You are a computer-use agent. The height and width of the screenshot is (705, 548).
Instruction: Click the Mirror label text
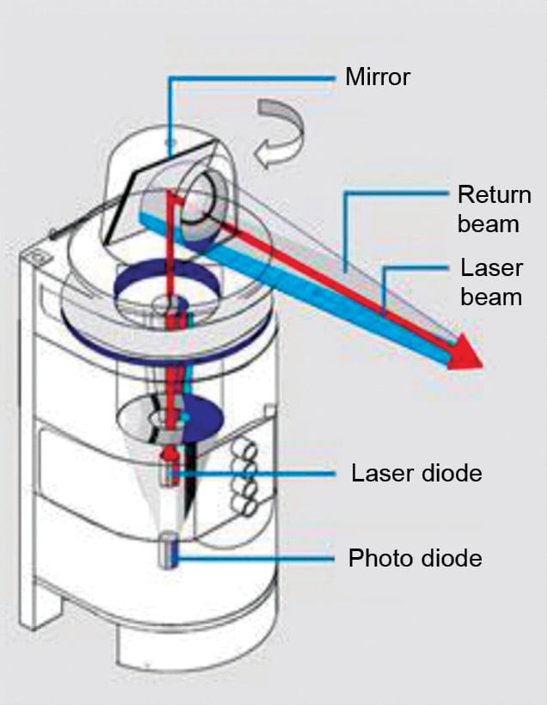[x=378, y=77]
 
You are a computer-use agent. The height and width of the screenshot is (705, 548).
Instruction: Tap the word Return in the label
[x=494, y=194]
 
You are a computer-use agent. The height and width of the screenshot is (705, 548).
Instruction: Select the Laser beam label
[x=491, y=282]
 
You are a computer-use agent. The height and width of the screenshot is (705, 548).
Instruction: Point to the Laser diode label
[x=416, y=473]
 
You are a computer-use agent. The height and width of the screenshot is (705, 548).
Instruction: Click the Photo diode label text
[x=415, y=559]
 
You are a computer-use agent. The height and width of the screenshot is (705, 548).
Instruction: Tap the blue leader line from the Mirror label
[x=249, y=79]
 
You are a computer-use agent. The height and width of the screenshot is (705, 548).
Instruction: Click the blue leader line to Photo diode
[x=258, y=559]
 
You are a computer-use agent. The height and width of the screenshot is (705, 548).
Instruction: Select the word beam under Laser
[x=491, y=297]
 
